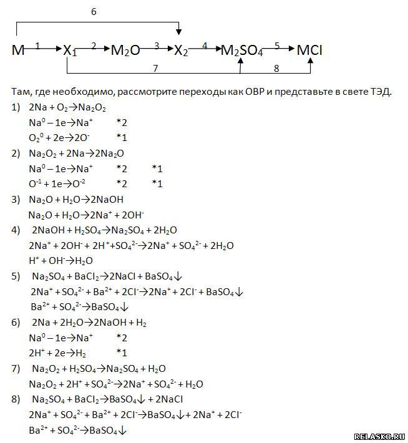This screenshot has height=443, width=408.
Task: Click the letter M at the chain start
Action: tap(17, 51)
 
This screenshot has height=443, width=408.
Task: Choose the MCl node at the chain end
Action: tap(309, 51)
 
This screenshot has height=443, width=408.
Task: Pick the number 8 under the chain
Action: tap(275, 67)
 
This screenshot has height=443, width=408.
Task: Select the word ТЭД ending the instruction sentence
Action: tap(379, 91)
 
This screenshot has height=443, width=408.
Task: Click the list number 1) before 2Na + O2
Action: tap(16, 107)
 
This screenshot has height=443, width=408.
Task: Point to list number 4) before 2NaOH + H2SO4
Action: tap(16, 230)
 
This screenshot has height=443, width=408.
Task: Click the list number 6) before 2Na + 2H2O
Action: tap(16, 323)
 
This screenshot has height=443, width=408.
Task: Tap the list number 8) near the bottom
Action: tap(16, 399)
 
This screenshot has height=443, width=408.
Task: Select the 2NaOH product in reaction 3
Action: tap(108, 200)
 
